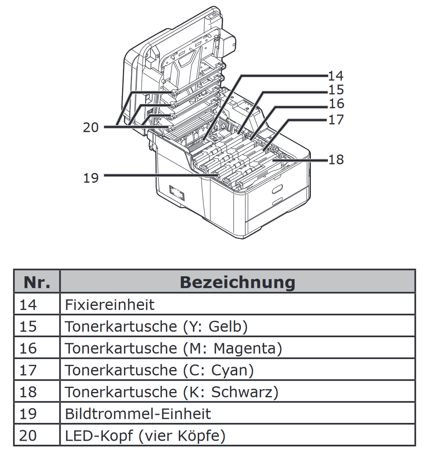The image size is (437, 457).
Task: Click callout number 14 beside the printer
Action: (336, 76)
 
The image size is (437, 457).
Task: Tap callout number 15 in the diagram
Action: (336, 90)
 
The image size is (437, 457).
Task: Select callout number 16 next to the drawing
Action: (336, 104)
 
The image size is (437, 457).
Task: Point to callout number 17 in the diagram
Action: (336, 120)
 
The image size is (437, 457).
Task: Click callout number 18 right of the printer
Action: (336, 160)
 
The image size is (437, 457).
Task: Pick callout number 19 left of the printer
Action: (91, 178)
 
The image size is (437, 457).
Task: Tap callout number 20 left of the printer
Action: (91, 128)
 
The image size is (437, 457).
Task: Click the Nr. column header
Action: (37, 282)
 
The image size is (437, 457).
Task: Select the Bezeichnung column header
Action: (237, 282)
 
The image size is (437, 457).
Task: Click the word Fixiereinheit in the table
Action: (109, 305)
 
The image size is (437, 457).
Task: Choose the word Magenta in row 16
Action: (245, 348)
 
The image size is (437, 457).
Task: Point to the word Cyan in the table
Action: (229, 370)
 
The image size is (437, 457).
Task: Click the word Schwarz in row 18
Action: (242, 392)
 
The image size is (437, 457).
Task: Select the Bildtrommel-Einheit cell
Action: (138, 414)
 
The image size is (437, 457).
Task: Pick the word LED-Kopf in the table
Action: (98, 436)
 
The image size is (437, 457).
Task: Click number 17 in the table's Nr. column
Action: (28, 370)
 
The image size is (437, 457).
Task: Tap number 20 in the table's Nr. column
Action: (28, 436)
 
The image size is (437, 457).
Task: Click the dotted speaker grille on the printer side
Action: (177, 193)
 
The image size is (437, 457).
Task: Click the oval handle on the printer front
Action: (277, 189)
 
